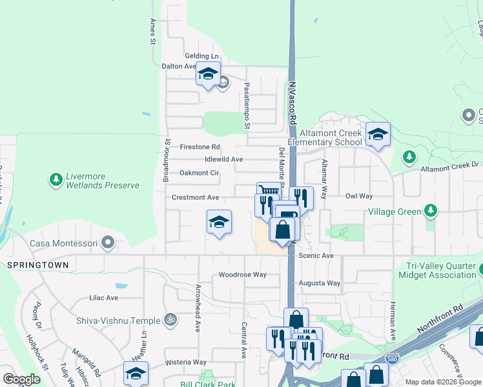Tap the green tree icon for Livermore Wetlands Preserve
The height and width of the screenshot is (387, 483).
(x=57, y=179)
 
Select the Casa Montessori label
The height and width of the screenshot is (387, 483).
(x=63, y=244)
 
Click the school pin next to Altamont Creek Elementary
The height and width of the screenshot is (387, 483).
(x=378, y=134)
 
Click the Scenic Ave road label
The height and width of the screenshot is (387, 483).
(x=316, y=256)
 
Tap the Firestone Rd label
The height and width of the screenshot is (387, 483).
(x=200, y=146)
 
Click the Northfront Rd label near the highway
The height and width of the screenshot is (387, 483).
(x=440, y=321)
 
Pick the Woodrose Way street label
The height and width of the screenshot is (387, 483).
(x=242, y=274)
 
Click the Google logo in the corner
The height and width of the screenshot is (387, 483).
(x=22, y=379)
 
